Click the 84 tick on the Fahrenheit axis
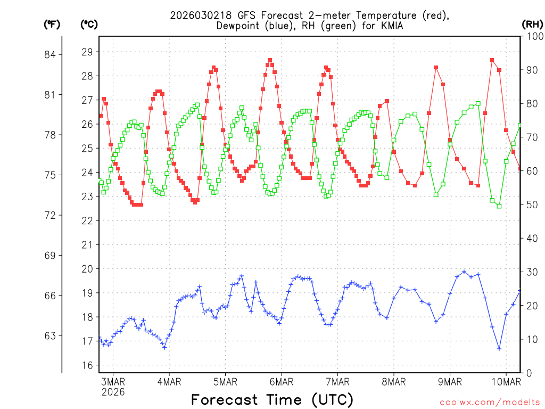(55, 55)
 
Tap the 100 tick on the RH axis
(533, 36)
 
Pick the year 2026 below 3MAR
(113, 392)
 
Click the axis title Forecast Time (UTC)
(272, 399)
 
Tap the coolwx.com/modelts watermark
(489, 402)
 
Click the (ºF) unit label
(52, 24)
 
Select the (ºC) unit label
(89, 24)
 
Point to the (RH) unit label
(532, 24)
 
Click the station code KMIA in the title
(389, 26)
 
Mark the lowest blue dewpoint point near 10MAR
(499, 348)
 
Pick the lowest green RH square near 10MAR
(499, 206)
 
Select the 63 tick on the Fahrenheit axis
(55, 336)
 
